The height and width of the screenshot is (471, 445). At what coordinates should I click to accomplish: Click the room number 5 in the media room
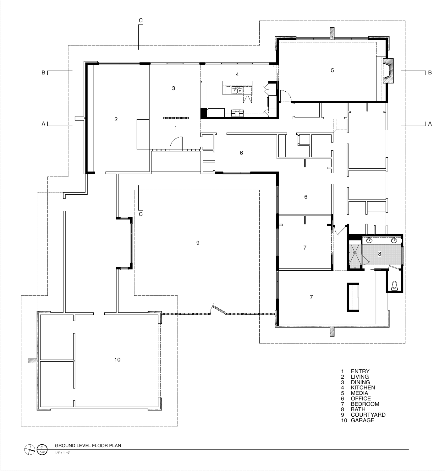click(x=332, y=70)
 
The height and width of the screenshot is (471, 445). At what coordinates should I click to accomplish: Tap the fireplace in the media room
click(x=388, y=70)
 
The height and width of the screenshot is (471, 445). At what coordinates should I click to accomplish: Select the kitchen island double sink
click(x=237, y=90)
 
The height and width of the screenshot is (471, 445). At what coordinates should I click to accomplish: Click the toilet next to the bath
click(x=394, y=285)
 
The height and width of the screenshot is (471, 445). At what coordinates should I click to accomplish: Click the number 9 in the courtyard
click(x=198, y=243)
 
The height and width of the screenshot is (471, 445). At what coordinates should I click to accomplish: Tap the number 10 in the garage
click(x=117, y=360)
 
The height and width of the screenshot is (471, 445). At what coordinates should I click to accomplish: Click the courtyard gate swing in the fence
click(x=218, y=309)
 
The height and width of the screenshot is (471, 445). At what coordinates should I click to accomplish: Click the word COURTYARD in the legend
click(x=368, y=415)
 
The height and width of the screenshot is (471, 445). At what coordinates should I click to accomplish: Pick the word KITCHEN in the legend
click(x=363, y=387)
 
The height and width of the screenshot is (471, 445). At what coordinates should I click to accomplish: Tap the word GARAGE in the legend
click(x=362, y=420)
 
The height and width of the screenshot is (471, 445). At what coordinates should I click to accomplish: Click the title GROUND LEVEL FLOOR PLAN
click(x=88, y=446)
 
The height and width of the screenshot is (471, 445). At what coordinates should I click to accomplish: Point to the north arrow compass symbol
click(x=30, y=449)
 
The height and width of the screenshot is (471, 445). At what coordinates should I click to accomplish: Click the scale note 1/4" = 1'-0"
click(x=63, y=453)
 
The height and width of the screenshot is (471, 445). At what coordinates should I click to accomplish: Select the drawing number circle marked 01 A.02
click(x=42, y=449)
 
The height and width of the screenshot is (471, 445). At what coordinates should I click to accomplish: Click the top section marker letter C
click(x=140, y=21)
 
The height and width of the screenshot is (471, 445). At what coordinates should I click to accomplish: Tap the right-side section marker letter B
click(x=430, y=73)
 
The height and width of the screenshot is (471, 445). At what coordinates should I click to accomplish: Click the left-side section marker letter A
click(x=43, y=124)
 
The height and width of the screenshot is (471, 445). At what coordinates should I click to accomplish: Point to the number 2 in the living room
click(x=116, y=119)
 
